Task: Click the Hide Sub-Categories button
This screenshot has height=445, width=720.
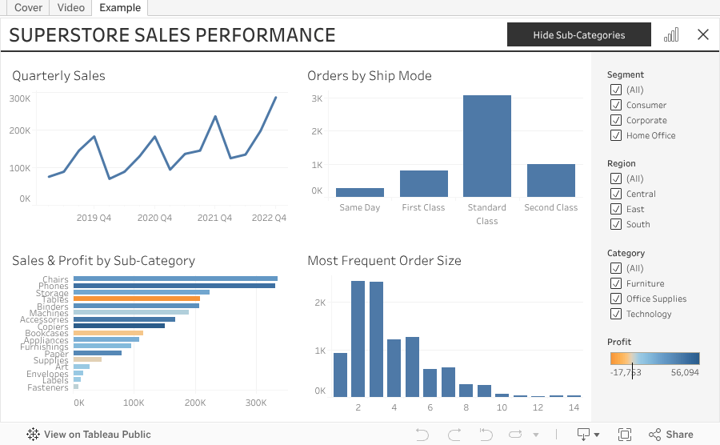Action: tap(578, 34)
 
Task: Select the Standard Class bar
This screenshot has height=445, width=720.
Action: tap(486, 146)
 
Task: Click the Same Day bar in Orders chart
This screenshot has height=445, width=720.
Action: tap(359, 192)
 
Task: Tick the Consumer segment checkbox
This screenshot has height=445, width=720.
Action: tap(616, 105)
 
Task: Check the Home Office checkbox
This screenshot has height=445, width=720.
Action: tap(616, 135)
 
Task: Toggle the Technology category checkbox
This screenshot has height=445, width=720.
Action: tap(616, 314)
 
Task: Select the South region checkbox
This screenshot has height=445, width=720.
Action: tap(616, 224)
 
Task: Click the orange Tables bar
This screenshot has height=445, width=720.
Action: tap(136, 299)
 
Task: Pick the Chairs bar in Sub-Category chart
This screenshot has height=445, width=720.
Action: tap(174, 279)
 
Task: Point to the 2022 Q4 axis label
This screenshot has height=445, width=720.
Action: tap(269, 218)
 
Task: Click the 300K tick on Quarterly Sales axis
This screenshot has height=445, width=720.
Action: tap(20, 98)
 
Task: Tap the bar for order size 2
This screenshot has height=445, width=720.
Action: tap(358, 339)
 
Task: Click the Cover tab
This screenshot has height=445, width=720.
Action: tap(28, 7)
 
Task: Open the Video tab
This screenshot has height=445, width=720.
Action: tap(71, 7)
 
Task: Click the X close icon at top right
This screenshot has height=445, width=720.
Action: tap(702, 34)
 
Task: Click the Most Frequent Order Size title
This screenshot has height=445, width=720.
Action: tap(384, 260)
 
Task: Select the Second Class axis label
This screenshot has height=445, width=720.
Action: tap(550, 207)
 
